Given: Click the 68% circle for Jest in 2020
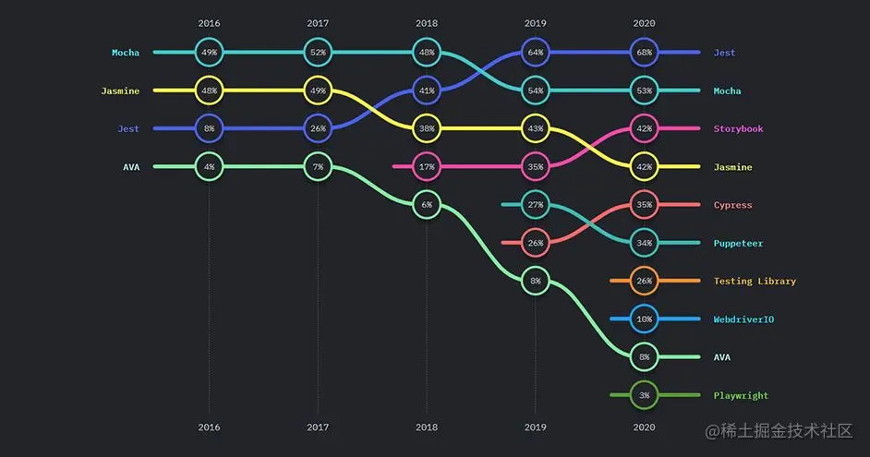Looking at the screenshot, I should (644, 53).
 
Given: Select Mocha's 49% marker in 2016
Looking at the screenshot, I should (209, 53).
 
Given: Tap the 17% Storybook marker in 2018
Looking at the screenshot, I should (427, 167).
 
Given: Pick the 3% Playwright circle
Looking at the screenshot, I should (644, 395).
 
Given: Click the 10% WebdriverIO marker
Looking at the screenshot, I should (644, 319).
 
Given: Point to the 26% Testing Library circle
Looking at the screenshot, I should (644, 281).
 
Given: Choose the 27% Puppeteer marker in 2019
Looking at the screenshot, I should (535, 205).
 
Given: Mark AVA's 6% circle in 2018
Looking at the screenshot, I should (427, 205).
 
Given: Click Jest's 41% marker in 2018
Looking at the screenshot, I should (427, 91).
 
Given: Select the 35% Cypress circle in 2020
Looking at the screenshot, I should (644, 205).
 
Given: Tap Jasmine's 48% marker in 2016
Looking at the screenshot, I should (209, 90).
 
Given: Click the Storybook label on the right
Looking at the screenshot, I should (738, 129).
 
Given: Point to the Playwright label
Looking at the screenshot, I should (741, 395).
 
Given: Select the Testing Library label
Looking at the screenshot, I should (755, 281).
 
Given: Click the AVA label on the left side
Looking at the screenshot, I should (131, 167).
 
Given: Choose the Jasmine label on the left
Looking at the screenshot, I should (120, 90).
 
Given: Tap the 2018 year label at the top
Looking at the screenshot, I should (427, 22).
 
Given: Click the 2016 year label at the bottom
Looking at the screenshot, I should (209, 427).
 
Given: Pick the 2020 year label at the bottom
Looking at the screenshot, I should (644, 427).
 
